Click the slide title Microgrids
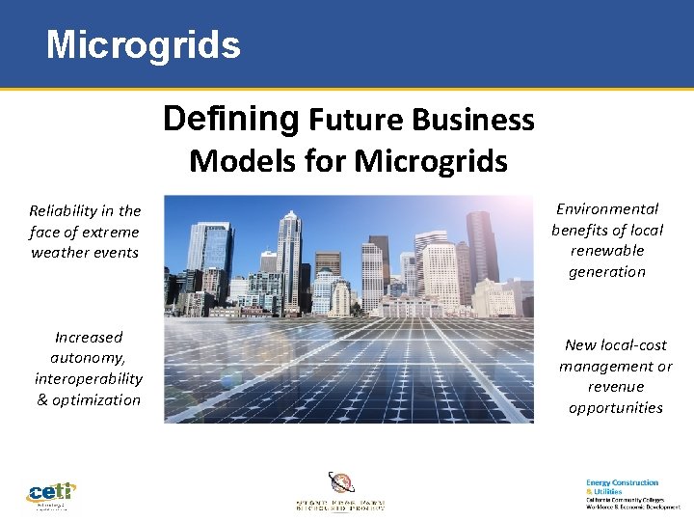coord(143,44)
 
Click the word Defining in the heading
coord(230,118)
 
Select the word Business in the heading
coord(472,120)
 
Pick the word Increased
coord(89,337)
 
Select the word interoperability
coord(89,378)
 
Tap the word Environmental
coord(607,208)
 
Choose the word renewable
coord(607,250)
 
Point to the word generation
coord(607,271)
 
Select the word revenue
coord(616,386)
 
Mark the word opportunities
coord(616,407)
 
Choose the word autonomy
coord(89,358)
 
